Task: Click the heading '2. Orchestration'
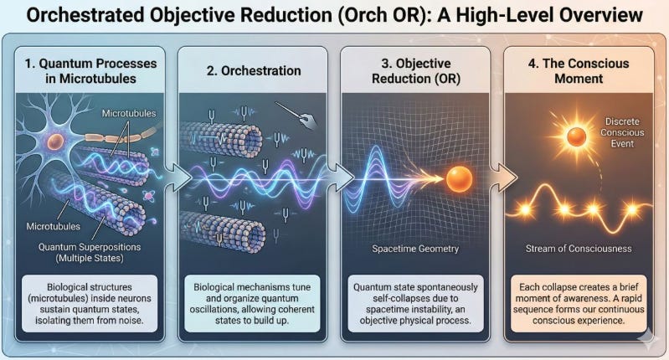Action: coord(254,71)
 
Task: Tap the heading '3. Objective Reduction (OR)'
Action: coord(416,71)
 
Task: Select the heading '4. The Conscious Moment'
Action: coord(579,71)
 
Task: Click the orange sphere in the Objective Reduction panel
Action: coord(459,178)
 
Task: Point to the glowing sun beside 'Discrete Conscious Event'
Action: coord(576,137)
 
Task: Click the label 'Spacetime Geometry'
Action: coord(415,249)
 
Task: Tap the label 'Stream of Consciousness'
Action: coord(579,249)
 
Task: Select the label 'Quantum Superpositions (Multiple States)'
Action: coord(90,253)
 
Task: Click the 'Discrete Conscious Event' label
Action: coord(622,132)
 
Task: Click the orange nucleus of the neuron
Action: coord(56,141)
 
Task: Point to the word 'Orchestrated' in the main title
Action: coord(85,15)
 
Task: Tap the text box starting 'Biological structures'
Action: coord(90,304)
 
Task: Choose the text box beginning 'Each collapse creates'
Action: coord(579,304)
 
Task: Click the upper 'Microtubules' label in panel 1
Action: coord(129,114)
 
